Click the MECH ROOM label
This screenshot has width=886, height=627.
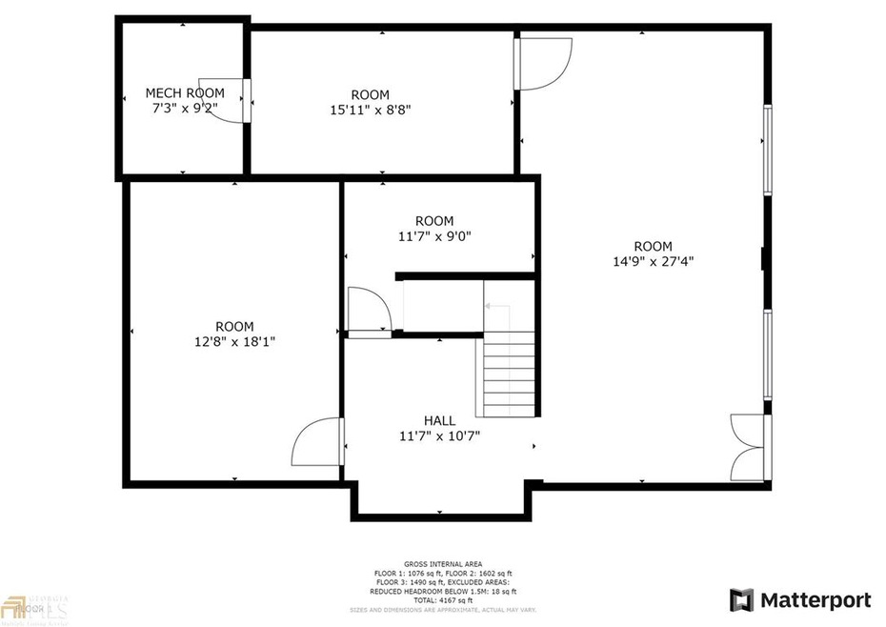click(x=184, y=92)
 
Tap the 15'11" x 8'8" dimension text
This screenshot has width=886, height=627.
click(x=370, y=110)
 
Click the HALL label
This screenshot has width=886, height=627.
click(x=439, y=420)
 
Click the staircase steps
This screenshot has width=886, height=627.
click(x=511, y=373)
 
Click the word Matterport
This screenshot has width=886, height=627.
click(x=816, y=600)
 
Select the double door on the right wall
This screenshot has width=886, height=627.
click(x=748, y=447)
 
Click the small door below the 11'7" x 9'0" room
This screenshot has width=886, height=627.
click(x=368, y=311)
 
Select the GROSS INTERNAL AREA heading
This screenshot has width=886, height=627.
click(x=442, y=563)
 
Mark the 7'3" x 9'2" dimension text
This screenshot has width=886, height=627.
click(x=185, y=108)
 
